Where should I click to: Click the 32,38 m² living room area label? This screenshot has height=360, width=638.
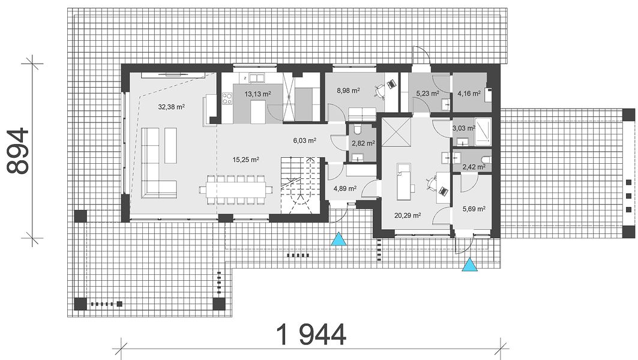coord(171,107)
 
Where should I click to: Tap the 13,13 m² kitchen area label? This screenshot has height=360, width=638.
coord(257,94)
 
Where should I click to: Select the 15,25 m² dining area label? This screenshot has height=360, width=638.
coord(245,160)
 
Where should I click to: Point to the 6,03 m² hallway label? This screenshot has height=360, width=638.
coord(305,141)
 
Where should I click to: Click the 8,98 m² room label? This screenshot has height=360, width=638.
coord(348,91)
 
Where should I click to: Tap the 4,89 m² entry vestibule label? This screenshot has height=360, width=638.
coord(345,188)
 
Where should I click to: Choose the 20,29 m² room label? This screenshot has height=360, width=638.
coord(408,215)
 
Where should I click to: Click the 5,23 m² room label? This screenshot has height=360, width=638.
coord(427,93)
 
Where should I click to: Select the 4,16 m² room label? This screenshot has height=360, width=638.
coord(469,93)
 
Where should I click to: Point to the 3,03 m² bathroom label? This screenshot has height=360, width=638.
coord(464,128)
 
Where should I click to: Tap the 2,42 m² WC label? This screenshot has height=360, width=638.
coord(474,167)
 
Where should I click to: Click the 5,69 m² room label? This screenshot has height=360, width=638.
coord(474,209)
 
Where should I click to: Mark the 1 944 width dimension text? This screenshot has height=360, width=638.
coord(311,334)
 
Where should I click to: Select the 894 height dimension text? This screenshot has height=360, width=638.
coord(19,151)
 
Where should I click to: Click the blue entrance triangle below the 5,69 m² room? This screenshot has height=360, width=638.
coord(470,265)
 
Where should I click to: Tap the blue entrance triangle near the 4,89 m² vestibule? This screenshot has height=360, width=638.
coord(339,239)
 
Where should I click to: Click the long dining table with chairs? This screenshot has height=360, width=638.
coord(236,190)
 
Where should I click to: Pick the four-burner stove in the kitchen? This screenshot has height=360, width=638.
coord(227,98)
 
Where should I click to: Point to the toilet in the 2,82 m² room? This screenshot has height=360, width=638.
coord(358,130)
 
